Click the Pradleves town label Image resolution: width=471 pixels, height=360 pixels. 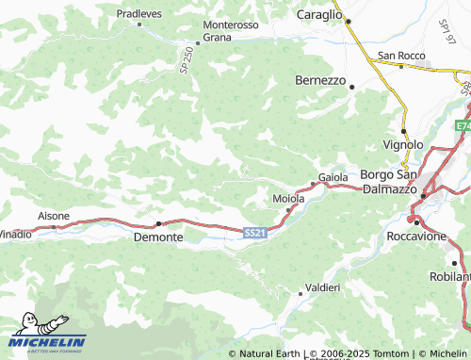[x=138, y=14]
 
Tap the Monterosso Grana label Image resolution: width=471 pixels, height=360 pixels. [x=230, y=31]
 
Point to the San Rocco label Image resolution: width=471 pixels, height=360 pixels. [x=402, y=56]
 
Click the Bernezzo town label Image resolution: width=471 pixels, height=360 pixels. [x=321, y=80]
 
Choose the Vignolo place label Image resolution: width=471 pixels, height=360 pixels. [x=403, y=144]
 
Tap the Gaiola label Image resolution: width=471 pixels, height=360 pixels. [x=333, y=177]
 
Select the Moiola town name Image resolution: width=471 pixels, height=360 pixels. [x=288, y=199]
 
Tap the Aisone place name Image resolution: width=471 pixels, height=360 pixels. [x=54, y=216]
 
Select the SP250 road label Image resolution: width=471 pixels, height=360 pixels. [x=186, y=62]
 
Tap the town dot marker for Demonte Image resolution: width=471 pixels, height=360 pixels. [x=158, y=223]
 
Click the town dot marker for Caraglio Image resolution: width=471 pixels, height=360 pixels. [x=349, y=21]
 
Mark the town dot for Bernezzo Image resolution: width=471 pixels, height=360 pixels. [x=351, y=87]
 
